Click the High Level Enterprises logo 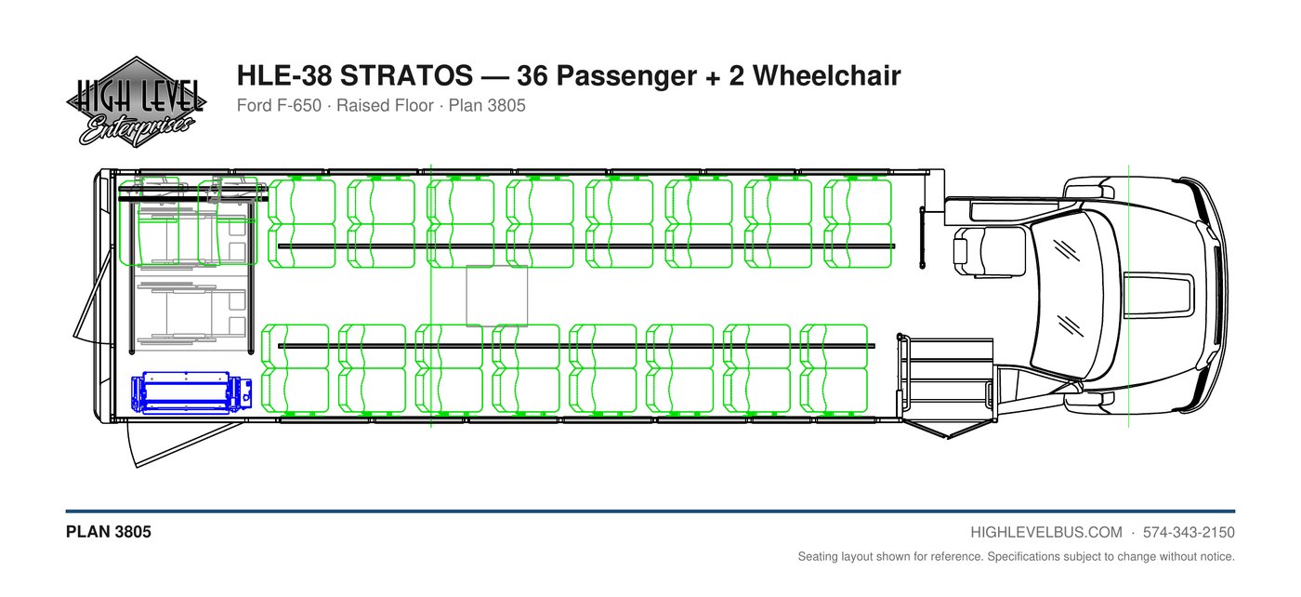136,101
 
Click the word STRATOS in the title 406,75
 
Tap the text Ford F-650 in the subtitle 279,106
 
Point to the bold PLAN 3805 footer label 109,532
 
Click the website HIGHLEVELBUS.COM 1046,533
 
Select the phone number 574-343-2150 1189,533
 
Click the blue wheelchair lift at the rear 191,392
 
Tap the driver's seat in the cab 989,251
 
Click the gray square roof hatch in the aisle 497,296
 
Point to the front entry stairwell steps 948,378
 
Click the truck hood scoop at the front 1157,296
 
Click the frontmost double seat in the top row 857,224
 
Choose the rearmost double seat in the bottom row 296,368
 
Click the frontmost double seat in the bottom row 834,368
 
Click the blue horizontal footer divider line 650,511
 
